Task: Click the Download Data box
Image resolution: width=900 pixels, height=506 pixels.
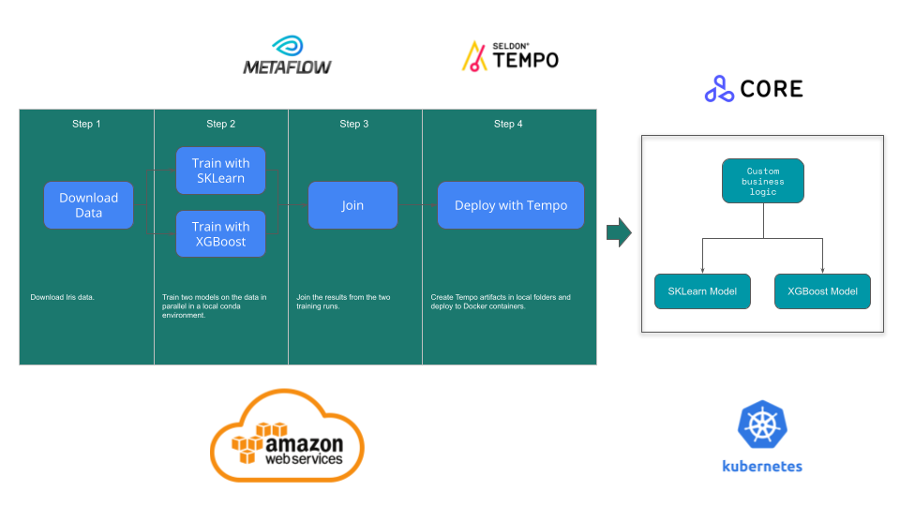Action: click(x=89, y=205)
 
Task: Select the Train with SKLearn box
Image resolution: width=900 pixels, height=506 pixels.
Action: click(x=220, y=171)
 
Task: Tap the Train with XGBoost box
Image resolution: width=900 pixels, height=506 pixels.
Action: click(x=220, y=233)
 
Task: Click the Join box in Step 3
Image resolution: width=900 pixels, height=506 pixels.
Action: click(x=352, y=205)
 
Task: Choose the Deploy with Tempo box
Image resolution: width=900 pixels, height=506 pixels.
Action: click(x=511, y=205)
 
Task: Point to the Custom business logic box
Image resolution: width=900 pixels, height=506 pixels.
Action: click(x=762, y=181)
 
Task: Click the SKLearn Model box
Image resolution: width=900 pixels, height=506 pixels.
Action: click(x=702, y=291)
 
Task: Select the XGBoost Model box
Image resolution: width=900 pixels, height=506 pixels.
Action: click(x=822, y=291)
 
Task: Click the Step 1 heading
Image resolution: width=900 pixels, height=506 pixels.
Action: click(x=86, y=124)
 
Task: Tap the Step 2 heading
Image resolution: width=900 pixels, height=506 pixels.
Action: click(x=221, y=124)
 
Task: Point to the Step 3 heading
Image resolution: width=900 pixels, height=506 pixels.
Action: click(x=354, y=124)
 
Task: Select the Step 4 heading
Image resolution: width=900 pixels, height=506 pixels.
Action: click(x=508, y=124)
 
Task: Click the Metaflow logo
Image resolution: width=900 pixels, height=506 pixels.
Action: click(x=287, y=56)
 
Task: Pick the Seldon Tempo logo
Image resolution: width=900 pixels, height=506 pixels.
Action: click(x=510, y=56)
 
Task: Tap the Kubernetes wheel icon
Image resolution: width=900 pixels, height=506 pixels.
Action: click(x=761, y=424)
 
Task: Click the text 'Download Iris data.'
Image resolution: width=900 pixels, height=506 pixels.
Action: click(x=62, y=298)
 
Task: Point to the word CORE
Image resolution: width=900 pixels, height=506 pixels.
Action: click(x=772, y=89)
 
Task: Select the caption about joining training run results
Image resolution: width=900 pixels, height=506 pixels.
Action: click(x=343, y=302)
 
